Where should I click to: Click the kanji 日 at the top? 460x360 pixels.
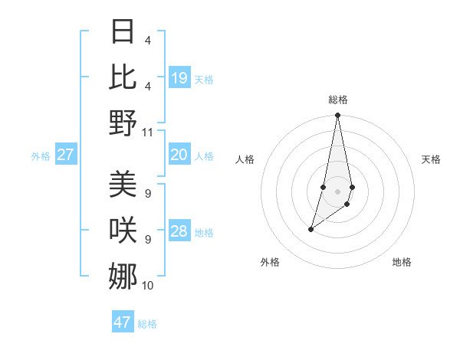tap(123, 32)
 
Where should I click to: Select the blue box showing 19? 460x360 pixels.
tap(179, 78)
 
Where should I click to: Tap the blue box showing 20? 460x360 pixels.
tap(179, 155)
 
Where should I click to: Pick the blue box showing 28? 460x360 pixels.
tap(179, 231)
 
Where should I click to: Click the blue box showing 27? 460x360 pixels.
tap(65, 155)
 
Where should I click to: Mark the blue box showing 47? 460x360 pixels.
tap(123, 322)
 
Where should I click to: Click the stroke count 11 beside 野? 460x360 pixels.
tap(148, 132)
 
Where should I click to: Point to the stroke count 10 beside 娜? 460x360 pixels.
tap(148, 286)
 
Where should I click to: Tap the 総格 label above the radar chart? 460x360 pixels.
tap(337, 100)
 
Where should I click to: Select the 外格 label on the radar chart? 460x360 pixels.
tap(270, 262)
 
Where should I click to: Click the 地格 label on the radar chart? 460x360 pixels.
tap(402, 262)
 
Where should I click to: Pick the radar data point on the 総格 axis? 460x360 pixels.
tap(337, 116)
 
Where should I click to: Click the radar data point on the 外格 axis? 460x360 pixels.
tap(310, 229)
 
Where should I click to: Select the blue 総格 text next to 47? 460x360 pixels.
tap(147, 324)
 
